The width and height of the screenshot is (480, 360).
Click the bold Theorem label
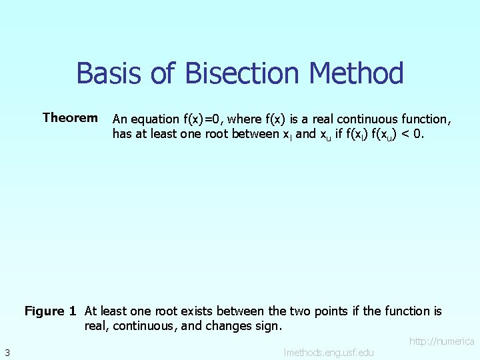[70, 118]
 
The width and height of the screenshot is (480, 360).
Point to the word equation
[156, 119]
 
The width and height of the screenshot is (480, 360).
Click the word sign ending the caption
[270, 327]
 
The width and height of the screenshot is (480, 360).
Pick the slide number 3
[6, 352]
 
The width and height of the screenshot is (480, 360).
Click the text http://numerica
[441, 341]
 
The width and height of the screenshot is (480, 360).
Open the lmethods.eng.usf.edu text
[329, 352]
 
